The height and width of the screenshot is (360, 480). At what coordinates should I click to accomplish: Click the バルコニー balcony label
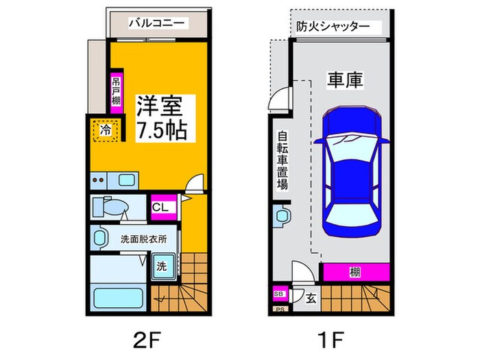click(x=157, y=23)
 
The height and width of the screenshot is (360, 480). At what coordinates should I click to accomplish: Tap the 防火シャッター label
click(x=333, y=27)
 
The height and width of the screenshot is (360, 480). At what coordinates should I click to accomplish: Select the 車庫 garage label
click(x=344, y=80)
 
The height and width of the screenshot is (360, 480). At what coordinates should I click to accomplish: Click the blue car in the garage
click(x=352, y=172)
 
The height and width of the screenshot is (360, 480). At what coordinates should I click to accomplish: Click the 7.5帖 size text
click(x=162, y=130)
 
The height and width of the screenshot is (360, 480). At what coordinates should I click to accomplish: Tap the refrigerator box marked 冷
click(x=106, y=130)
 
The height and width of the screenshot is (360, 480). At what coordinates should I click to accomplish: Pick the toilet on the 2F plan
click(x=110, y=206)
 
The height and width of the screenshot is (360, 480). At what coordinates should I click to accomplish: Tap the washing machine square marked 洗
click(x=161, y=265)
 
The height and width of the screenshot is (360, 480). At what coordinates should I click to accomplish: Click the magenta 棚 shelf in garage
click(x=355, y=272)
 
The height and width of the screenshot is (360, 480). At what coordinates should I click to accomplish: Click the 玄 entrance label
click(x=310, y=298)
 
